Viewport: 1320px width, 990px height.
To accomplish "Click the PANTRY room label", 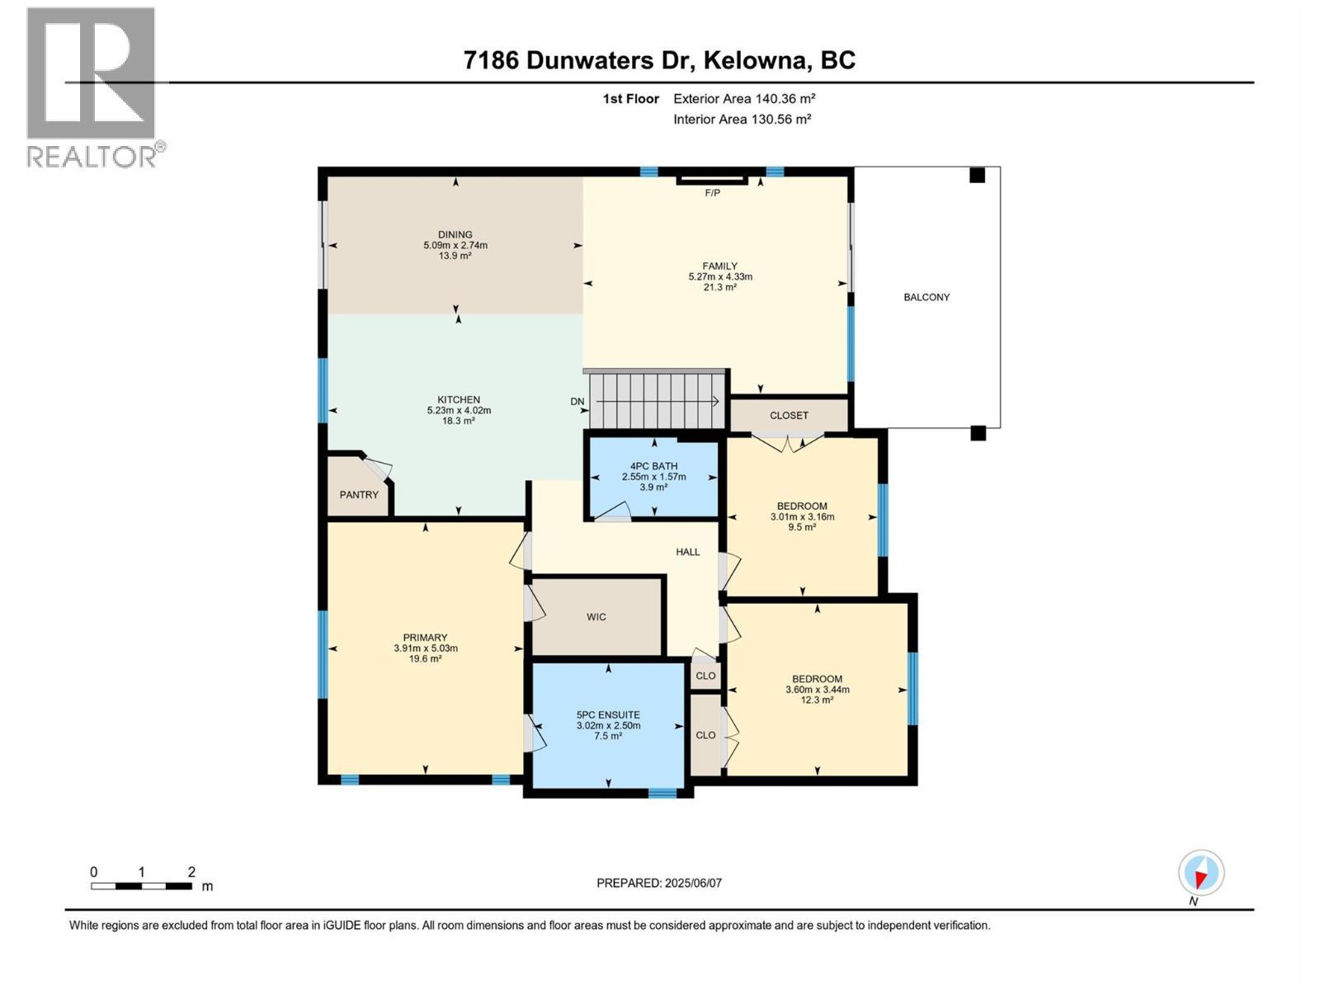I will click(x=359, y=495).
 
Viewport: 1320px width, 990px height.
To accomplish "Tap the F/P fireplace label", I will click(x=712, y=193).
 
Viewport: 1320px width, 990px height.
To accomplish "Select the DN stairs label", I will click(x=577, y=402).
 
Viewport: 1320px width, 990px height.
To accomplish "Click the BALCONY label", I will click(x=926, y=297).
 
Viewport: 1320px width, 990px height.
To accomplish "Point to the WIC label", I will click(x=596, y=617).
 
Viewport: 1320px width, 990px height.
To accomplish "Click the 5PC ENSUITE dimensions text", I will click(x=608, y=726).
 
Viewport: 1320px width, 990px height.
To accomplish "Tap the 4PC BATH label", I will click(x=653, y=466).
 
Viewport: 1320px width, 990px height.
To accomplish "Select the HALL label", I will click(x=687, y=552).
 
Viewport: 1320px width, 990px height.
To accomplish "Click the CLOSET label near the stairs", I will click(x=789, y=416).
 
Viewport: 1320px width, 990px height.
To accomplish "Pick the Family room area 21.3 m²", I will click(x=719, y=288).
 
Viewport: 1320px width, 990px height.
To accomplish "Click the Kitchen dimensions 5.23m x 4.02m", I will click(x=459, y=410).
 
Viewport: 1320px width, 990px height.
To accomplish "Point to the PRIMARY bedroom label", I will click(x=425, y=638).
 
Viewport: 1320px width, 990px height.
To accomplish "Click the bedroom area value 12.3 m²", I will click(x=817, y=700).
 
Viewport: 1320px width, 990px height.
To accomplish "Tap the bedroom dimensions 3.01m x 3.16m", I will click(x=802, y=517).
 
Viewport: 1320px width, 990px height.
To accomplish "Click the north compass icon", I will click(x=1201, y=874).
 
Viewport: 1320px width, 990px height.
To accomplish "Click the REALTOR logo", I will click(x=92, y=87).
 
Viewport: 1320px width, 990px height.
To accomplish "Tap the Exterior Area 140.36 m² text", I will click(x=744, y=99).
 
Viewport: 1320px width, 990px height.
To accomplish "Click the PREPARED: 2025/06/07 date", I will click(x=659, y=883).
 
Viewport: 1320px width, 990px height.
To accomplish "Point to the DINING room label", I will click(x=455, y=235).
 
